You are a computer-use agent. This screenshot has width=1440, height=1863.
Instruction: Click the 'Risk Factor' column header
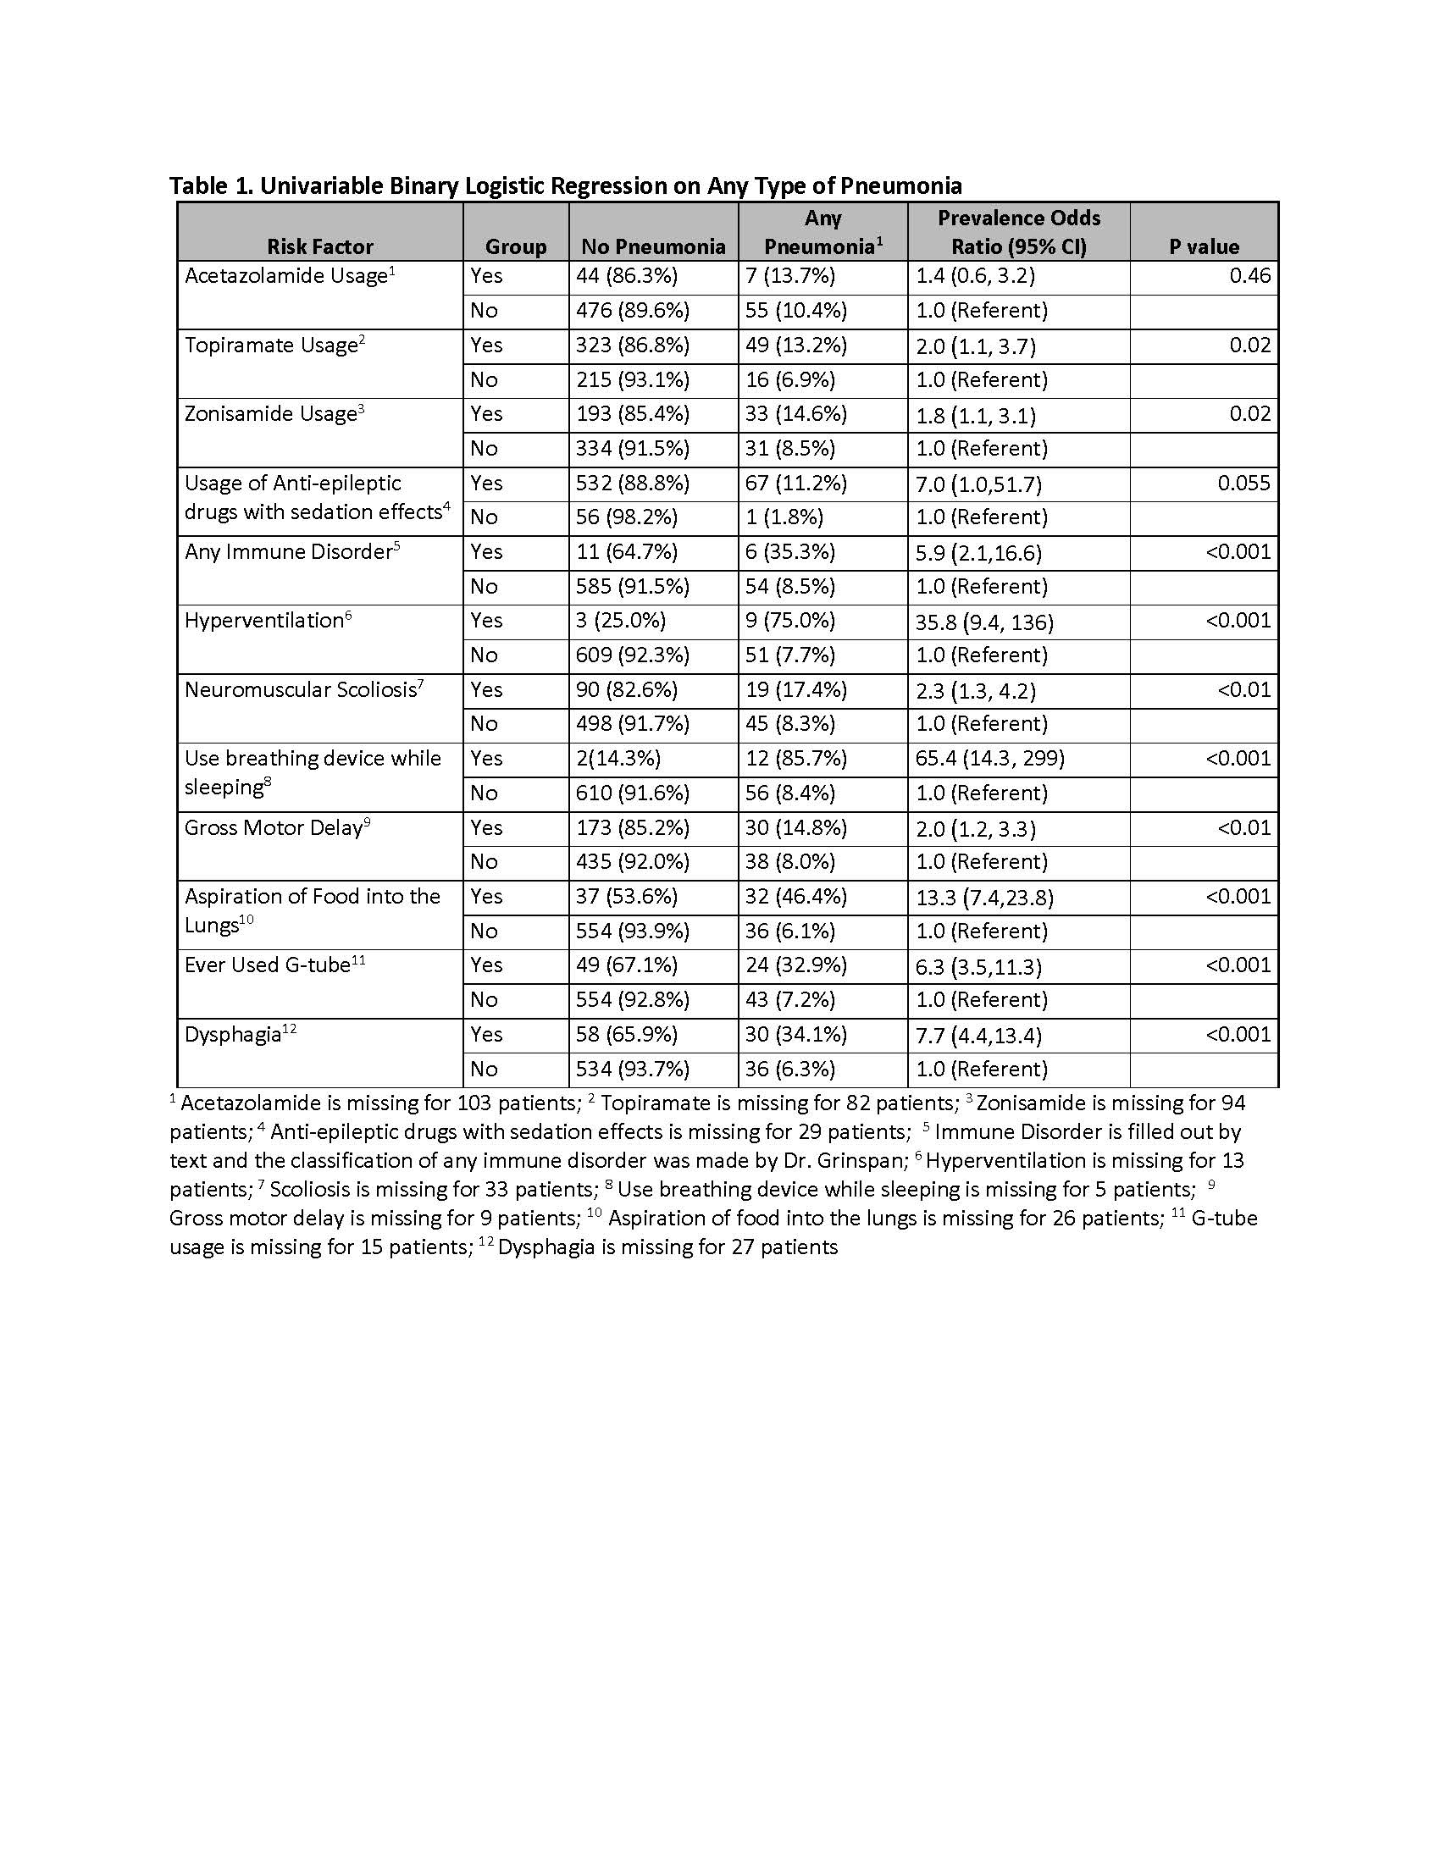(x=320, y=246)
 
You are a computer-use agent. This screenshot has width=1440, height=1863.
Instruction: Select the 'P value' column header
(x=1204, y=246)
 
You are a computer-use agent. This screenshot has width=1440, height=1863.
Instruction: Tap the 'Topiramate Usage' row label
(x=271, y=346)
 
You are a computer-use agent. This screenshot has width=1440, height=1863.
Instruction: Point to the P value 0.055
(x=1243, y=483)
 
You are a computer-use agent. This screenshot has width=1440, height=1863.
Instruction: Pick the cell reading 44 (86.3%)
(x=627, y=275)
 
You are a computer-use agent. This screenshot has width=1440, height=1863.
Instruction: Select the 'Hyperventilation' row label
(x=264, y=620)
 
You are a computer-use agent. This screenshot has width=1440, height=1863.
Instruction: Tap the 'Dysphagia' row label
(x=234, y=1035)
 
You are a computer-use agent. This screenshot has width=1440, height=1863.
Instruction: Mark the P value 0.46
(x=1249, y=275)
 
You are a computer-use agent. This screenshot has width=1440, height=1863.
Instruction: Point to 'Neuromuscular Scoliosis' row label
(x=302, y=689)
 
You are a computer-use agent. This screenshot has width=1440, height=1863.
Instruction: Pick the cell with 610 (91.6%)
(x=632, y=793)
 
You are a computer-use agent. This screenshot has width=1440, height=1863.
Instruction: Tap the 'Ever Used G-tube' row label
(x=268, y=965)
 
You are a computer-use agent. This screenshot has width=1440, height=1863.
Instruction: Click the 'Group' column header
(x=515, y=246)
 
